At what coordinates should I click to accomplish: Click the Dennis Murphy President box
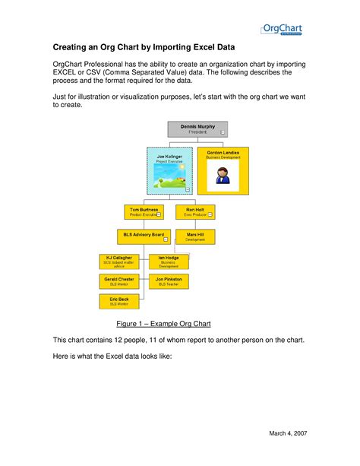[x=197, y=128]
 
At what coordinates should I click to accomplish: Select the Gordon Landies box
[x=223, y=171]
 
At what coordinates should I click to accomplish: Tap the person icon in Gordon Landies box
[x=223, y=176]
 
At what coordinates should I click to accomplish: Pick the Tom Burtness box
[x=144, y=211]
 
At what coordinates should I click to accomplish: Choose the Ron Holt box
[x=194, y=211]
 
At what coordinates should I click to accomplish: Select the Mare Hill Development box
[x=194, y=236]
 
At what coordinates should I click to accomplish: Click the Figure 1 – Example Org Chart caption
[x=163, y=323]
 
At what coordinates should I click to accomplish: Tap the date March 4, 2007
[x=290, y=433]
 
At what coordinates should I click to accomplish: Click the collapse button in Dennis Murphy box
[x=223, y=132]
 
